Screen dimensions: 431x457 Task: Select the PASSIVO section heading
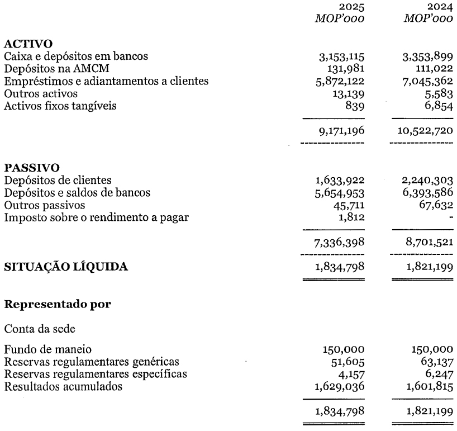(x=28, y=168)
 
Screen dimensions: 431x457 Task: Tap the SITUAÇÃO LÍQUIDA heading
(x=66, y=267)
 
